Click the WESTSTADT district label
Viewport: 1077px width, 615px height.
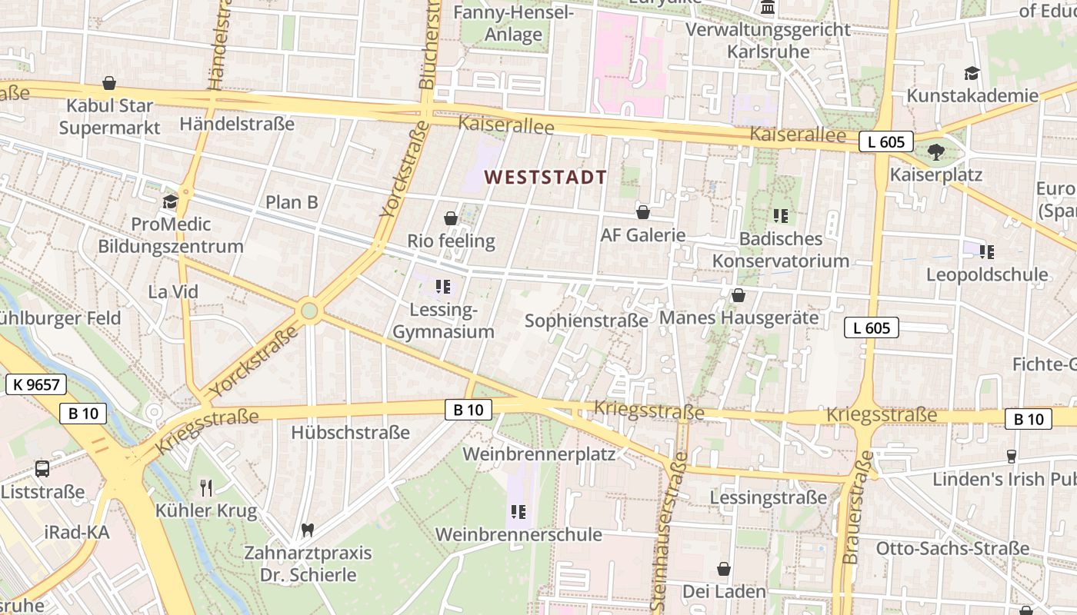point(545,178)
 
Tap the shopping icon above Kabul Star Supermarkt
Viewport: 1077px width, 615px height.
point(109,83)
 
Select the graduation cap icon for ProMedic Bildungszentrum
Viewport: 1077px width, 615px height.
point(170,201)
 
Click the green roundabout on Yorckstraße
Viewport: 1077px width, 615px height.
point(309,311)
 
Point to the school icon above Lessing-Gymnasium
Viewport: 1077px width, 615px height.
point(442,287)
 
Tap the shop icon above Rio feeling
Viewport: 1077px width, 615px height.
point(451,218)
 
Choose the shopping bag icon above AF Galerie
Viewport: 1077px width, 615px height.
point(643,212)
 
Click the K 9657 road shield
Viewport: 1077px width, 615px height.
point(36,384)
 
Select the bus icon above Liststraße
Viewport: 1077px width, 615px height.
point(42,468)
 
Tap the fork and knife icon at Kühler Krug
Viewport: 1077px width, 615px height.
point(205,487)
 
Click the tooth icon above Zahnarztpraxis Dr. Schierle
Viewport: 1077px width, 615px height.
point(308,530)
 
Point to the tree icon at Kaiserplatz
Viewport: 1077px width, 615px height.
point(935,151)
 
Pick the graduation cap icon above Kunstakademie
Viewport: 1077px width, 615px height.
point(972,73)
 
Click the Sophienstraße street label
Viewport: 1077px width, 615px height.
point(586,321)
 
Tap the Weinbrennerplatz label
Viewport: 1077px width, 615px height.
point(538,454)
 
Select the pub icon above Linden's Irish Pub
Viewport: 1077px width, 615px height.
point(1011,456)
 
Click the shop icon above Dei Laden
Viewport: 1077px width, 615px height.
point(724,569)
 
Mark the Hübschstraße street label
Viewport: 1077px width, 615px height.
point(350,433)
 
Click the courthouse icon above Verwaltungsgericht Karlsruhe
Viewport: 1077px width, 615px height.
point(768,8)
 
